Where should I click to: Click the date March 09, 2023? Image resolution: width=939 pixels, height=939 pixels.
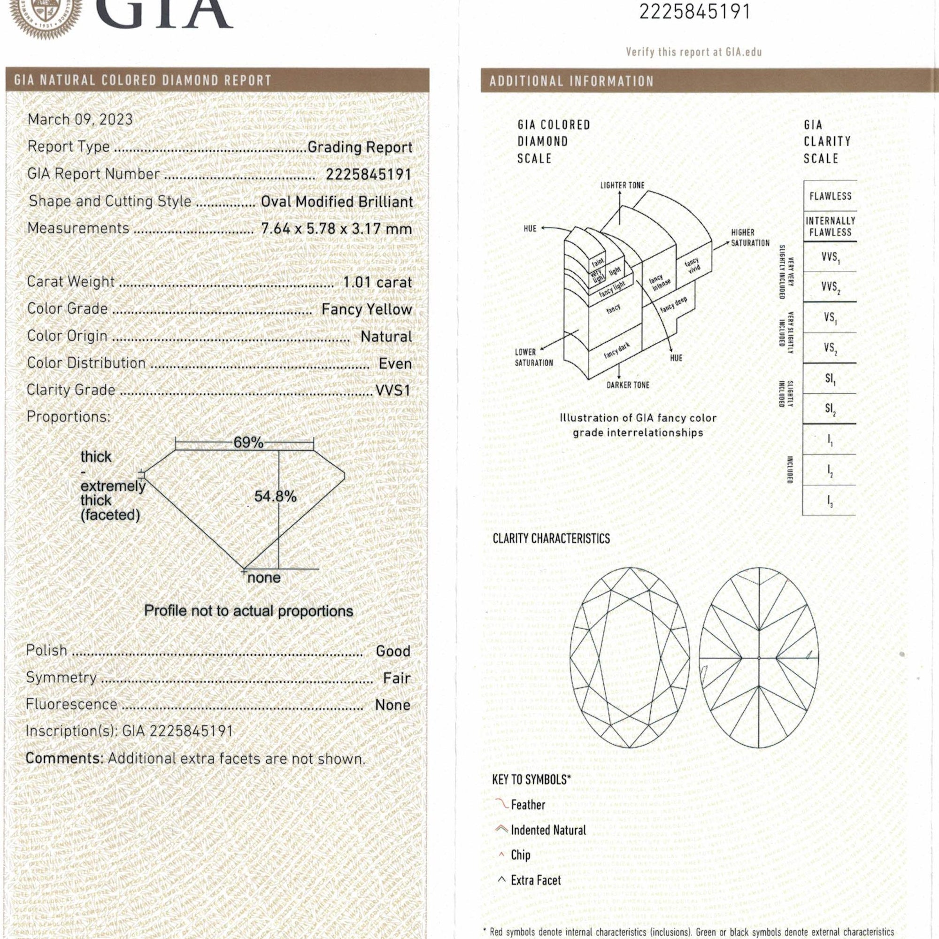pos(80,120)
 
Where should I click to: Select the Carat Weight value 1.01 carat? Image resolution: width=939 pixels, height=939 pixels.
pos(377,282)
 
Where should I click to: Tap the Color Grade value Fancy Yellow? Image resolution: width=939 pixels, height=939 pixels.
pos(367,309)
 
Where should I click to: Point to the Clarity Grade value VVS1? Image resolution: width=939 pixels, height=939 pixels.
pos(393,390)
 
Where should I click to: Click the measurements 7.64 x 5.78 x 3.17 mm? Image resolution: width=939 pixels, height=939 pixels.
pos(336,229)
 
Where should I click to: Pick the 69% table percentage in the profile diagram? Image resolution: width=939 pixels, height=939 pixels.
pos(248,442)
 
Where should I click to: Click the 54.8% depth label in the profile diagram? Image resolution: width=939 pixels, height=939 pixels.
pos(275,496)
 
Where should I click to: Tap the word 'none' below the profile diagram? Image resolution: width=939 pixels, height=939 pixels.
pos(264,578)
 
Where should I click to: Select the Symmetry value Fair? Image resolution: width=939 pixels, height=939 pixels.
pos(397,678)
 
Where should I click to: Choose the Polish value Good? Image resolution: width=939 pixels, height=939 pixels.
pos(393,651)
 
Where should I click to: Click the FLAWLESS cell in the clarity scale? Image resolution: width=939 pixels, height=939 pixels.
pos(830,196)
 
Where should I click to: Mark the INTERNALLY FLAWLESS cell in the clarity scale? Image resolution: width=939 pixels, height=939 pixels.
pos(830,226)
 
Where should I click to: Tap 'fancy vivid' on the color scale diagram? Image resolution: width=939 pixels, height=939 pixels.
pos(693,266)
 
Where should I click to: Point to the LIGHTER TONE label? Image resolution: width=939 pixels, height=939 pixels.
pos(622,185)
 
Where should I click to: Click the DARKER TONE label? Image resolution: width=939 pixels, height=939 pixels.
pos(627,385)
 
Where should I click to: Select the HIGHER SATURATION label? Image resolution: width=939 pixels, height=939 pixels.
pos(750,238)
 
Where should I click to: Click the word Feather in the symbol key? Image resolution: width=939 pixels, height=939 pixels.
pos(528,805)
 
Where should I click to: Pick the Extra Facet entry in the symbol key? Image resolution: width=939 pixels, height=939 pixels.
pos(536,880)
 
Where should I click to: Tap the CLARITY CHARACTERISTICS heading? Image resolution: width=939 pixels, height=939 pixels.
pos(551,539)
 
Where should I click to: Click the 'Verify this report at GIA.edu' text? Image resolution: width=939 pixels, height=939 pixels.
pos(693,52)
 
